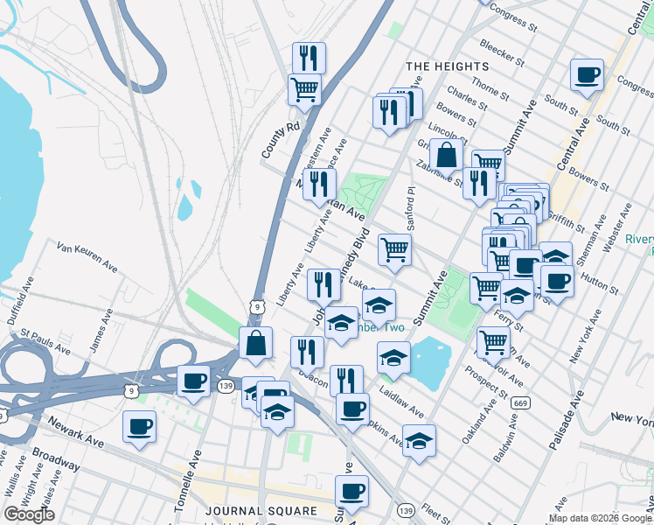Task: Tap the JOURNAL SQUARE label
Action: coord(261,510)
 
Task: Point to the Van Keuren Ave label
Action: coord(87,255)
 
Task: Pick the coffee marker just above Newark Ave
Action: coord(140,427)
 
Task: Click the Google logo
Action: coord(30,514)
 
